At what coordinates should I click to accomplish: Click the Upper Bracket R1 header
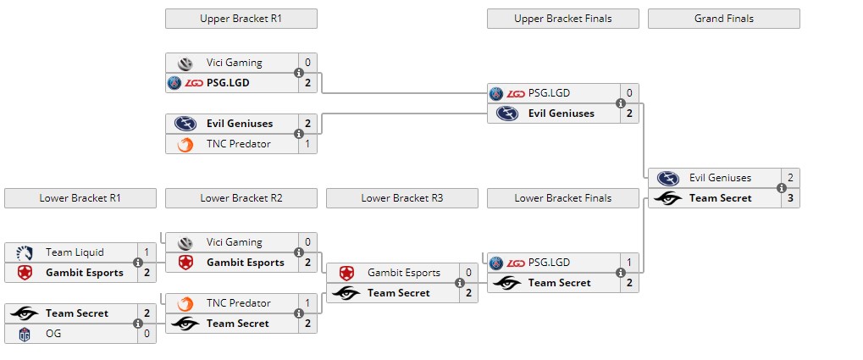(241, 19)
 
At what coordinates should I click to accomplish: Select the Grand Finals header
(723, 19)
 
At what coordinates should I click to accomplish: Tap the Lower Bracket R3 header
(401, 198)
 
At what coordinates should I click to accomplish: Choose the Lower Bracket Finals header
(562, 198)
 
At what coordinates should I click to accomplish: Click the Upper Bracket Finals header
(562, 19)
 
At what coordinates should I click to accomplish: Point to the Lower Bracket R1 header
(80, 198)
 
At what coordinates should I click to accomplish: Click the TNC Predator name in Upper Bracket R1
(238, 144)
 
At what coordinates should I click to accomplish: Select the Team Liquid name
(75, 252)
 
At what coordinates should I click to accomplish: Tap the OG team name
(53, 334)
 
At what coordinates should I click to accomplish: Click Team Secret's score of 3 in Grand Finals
(790, 198)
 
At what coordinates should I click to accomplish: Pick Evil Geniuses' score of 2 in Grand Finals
(790, 178)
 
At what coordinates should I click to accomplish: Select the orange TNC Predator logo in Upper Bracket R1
(185, 145)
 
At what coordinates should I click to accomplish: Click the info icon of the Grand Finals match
(782, 188)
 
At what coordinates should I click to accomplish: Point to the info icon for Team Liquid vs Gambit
(138, 263)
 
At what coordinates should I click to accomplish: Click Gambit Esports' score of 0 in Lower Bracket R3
(468, 273)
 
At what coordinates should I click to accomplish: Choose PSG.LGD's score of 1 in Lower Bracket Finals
(629, 263)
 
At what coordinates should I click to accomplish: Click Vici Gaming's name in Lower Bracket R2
(234, 242)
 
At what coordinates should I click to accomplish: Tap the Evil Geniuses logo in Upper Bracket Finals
(506, 114)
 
